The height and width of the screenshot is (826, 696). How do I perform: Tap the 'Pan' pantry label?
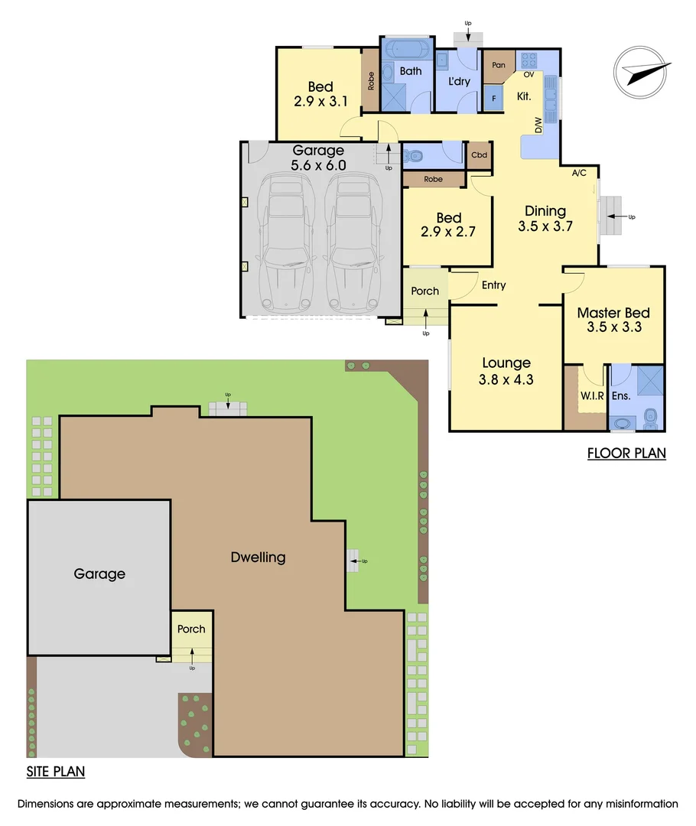[499, 65]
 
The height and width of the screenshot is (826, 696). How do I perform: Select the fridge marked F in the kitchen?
[494, 98]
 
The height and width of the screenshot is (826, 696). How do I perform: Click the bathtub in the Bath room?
[406, 51]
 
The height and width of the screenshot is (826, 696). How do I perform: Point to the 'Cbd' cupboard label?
[479, 154]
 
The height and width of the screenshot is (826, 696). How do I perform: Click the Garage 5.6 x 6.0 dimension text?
[318, 164]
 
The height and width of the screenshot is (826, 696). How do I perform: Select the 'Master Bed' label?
[613, 312]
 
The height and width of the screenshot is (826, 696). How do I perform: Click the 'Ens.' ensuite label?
[620, 396]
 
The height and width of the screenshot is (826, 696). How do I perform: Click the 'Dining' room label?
[545, 211]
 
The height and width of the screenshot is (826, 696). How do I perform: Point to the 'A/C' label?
[579, 173]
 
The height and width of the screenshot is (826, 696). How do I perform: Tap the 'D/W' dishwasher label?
[538, 125]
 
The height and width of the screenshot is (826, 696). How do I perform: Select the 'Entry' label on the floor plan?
[494, 285]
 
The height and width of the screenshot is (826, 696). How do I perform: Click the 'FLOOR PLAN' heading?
[626, 453]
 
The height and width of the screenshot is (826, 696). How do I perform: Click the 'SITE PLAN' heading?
[56, 772]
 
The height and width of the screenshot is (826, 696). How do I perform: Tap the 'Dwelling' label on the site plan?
[258, 557]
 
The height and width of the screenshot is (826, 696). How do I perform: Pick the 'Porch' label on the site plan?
[191, 629]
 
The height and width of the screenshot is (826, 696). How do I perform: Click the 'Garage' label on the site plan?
[99, 574]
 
